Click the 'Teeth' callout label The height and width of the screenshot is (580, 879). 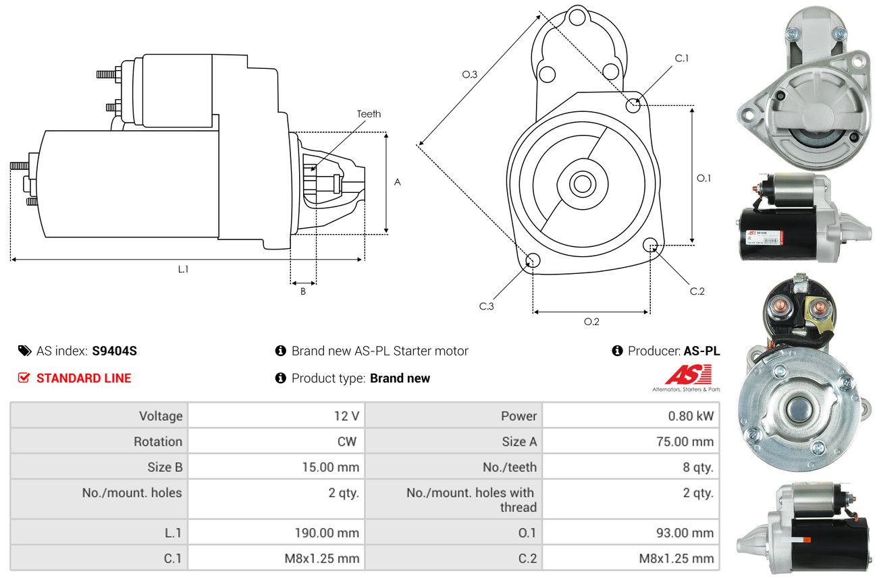pyautogui.click(x=369, y=114)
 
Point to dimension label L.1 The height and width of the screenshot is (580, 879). pyautogui.click(x=183, y=269)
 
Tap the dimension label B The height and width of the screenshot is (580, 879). pyautogui.click(x=303, y=291)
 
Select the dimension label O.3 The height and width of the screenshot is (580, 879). pyautogui.click(x=470, y=75)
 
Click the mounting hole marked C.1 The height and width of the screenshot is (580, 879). pyautogui.click(x=633, y=105)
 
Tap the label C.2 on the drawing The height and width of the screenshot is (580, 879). pyautogui.click(x=697, y=291)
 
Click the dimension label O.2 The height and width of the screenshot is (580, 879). pyautogui.click(x=591, y=322)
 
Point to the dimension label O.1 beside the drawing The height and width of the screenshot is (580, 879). pyautogui.click(x=703, y=178)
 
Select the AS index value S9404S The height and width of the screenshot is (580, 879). pyautogui.click(x=115, y=351)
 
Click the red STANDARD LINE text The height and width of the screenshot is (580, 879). pyautogui.click(x=84, y=378)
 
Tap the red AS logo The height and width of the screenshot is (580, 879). pyautogui.click(x=688, y=374)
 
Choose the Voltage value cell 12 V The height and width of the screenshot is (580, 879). pyautogui.click(x=346, y=416)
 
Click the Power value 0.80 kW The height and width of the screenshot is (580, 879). pyautogui.click(x=690, y=416)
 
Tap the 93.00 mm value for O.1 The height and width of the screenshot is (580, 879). pyautogui.click(x=684, y=533)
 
